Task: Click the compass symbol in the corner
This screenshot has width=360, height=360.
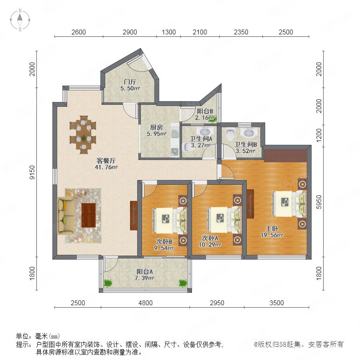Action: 20,20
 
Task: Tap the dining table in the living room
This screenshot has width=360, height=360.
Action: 83,134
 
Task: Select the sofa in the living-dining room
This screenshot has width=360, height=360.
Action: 66,215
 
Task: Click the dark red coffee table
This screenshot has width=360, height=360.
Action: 89,215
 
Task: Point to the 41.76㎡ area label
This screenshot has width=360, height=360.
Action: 106,167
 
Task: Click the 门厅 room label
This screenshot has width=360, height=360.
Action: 130,82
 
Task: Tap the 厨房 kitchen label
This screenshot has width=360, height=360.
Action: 156,127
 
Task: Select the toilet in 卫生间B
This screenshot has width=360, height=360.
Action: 230,134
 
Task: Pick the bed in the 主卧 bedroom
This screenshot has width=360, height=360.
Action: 290,204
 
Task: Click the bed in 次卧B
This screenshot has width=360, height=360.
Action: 170,220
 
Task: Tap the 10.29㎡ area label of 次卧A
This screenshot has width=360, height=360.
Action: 210,245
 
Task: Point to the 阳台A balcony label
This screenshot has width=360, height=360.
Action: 144,272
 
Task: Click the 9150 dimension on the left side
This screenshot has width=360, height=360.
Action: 32,172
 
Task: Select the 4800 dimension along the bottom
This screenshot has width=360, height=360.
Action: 145,303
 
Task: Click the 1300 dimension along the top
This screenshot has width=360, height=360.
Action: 169,32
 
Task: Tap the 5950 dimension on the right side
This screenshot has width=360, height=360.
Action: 319,202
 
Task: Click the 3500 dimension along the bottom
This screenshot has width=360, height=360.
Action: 277,303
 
